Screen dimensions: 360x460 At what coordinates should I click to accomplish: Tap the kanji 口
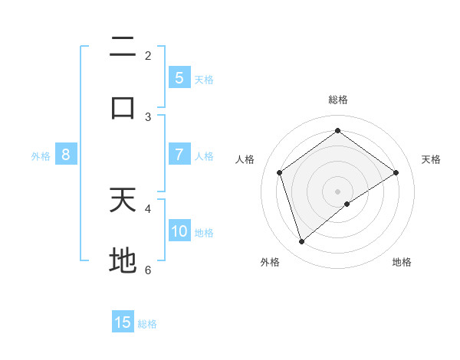click(x=123, y=108)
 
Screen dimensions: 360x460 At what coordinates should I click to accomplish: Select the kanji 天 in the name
click(x=123, y=200)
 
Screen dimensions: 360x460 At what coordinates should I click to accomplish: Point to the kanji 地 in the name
click(x=123, y=261)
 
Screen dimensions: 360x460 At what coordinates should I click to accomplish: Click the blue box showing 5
click(x=179, y=78)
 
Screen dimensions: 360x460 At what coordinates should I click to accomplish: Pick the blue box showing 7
click(x=179, y=155)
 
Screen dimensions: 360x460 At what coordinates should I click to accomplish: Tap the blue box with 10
click(x=179, y=231)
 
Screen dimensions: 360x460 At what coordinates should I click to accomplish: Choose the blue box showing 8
click(x=66, y=155)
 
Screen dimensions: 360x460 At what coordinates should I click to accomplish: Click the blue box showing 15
click(x=123, y=322)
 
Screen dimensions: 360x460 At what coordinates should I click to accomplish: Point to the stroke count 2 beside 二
click(x=148, y=55)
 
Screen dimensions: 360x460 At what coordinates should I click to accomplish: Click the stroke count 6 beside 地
click(x=148, y=270)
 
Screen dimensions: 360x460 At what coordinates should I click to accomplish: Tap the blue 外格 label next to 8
click(x=41, y=155)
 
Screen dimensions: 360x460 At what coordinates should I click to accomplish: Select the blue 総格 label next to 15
click(x=147, y=323)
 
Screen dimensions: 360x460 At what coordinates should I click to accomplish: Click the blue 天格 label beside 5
click(x=204, y=79)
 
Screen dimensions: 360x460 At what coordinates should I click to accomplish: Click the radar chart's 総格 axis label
click(x=337, y=100)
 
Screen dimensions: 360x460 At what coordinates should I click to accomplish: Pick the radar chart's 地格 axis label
click(x=402, y=262)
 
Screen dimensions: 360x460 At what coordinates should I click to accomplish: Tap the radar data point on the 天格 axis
click(x=396, y=172)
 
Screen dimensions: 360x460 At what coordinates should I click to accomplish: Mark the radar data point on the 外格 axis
click(x=301, y=242)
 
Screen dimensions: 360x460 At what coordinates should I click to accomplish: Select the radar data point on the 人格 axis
click(x=280, y=172)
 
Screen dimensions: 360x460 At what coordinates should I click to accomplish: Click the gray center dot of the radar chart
click(x=337, y=191)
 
